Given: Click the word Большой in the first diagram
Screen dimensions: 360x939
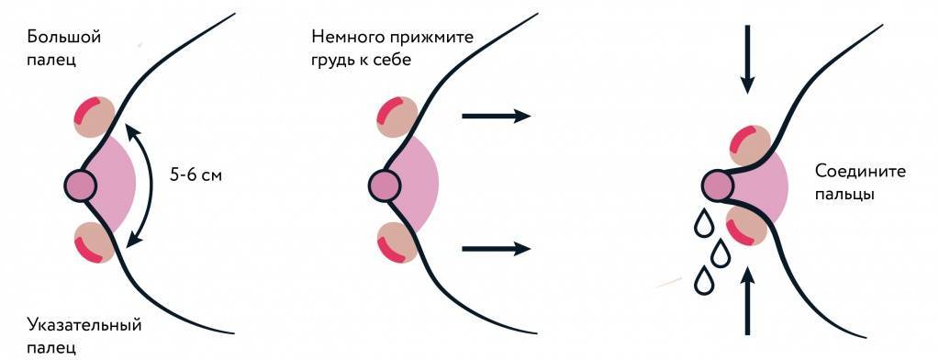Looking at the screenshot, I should click(63, 38).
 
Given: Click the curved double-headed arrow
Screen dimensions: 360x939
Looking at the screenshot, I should click(146, 184).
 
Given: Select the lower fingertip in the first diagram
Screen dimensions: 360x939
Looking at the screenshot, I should click(94, 242).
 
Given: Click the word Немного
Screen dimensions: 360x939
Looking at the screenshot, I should click(344, 38).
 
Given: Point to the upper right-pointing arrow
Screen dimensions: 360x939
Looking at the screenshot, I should click(496, 116).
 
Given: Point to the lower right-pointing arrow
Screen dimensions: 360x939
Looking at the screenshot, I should click(496, 248).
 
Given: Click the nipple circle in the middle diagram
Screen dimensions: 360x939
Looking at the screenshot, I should click(385, 186).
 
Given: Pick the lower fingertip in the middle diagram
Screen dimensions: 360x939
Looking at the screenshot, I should click(397, 242).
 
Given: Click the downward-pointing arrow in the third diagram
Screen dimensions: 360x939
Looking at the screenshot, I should click(748, 60).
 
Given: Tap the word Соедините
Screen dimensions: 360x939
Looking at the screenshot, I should click(855, 172).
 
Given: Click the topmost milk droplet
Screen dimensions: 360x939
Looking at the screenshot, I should click(704, 223).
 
